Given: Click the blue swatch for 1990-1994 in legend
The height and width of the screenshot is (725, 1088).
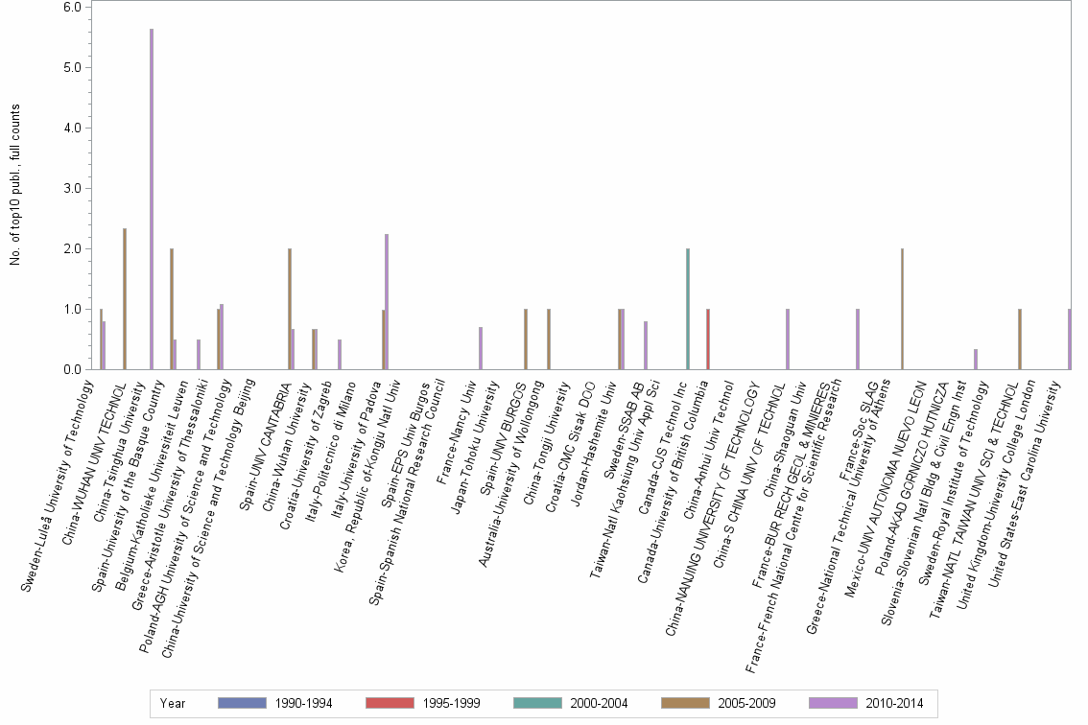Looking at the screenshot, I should (241, 703).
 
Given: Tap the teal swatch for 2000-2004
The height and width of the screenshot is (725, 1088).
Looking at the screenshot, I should (536, 703).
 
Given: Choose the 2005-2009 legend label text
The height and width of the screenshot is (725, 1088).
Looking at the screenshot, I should (745, 703).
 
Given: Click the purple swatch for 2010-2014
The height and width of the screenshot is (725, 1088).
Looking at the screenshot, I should (832, 703).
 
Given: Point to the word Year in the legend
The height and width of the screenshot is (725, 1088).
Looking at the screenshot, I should (174, 703).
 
